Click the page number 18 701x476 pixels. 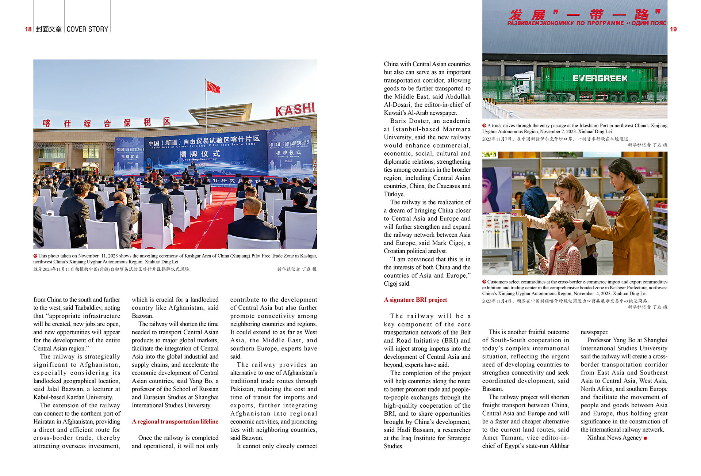click(28, 29)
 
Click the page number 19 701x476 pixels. click(673, 29)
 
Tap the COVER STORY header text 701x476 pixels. click(87, 29)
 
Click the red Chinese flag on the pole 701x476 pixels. click(213, 87)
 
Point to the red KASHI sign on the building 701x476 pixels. click(295, 109)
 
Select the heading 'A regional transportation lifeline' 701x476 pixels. click(175, 422)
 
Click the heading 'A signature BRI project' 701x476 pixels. click(415, 300)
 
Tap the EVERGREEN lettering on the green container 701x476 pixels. click(600, 79)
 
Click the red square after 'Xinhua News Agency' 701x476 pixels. click(645, 438)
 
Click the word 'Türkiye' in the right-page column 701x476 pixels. click(394, 194)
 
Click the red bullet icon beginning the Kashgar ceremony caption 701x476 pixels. click(35, 256)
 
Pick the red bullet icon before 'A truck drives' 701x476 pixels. click(484, 125)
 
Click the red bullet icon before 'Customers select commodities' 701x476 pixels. click(484, 282)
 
